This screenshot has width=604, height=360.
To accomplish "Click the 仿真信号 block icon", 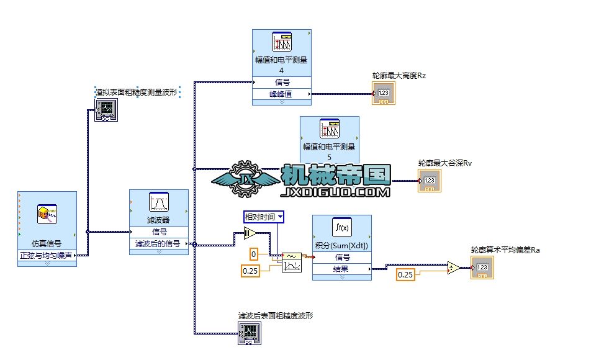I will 47,214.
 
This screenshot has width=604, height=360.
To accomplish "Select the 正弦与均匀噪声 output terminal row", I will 47,254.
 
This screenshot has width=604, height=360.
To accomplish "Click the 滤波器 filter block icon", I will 158,202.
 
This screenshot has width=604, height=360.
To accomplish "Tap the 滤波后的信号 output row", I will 158,244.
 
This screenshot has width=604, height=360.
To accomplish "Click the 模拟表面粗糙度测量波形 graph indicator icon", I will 106,111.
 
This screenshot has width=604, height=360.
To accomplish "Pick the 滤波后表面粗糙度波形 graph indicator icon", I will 249,336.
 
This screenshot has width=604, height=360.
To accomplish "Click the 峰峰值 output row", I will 281,94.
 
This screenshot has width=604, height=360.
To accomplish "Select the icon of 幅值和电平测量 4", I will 281,42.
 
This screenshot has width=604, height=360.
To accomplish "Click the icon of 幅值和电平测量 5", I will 329,128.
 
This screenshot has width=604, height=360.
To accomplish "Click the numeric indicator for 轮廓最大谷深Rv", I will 430,181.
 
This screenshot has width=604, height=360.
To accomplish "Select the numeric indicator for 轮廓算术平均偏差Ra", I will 482,269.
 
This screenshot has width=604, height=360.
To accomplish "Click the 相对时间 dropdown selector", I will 264,217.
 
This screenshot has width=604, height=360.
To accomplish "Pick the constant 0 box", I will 254,253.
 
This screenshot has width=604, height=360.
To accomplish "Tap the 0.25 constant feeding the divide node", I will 405,274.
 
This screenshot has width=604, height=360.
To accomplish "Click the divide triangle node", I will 453,269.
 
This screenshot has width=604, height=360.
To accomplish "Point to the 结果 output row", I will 342,269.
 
